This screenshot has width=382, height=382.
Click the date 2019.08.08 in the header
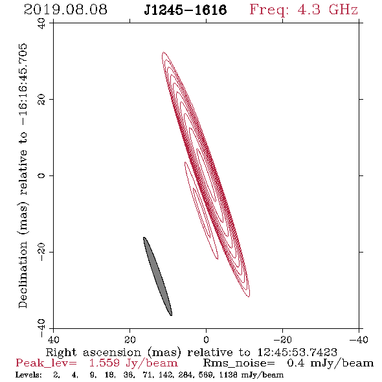(65, 10)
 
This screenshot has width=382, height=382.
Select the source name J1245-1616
(185, 10)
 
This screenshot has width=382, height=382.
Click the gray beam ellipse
(157, 276)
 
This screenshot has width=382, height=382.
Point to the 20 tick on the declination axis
(41, 100)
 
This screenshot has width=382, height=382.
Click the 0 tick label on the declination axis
(41, 175)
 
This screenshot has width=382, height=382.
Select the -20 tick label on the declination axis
(41, 252)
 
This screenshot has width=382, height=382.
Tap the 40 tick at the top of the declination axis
(41, 23)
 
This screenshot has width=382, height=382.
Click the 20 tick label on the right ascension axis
(129, 339)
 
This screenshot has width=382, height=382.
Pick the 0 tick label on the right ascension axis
(206, 339)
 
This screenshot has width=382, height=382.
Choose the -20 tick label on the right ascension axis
(282, 339)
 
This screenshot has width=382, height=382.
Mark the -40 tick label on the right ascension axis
(359, 339)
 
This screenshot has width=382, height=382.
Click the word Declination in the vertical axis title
(23, 275)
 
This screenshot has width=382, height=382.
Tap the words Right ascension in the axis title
(93, 352)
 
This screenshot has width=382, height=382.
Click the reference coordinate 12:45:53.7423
(297, 352)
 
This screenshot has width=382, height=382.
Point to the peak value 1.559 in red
(104, 363)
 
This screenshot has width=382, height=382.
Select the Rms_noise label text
(239, 363)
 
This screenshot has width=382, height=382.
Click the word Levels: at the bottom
(28, 375)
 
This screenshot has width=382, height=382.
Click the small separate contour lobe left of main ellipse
(201, 210)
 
